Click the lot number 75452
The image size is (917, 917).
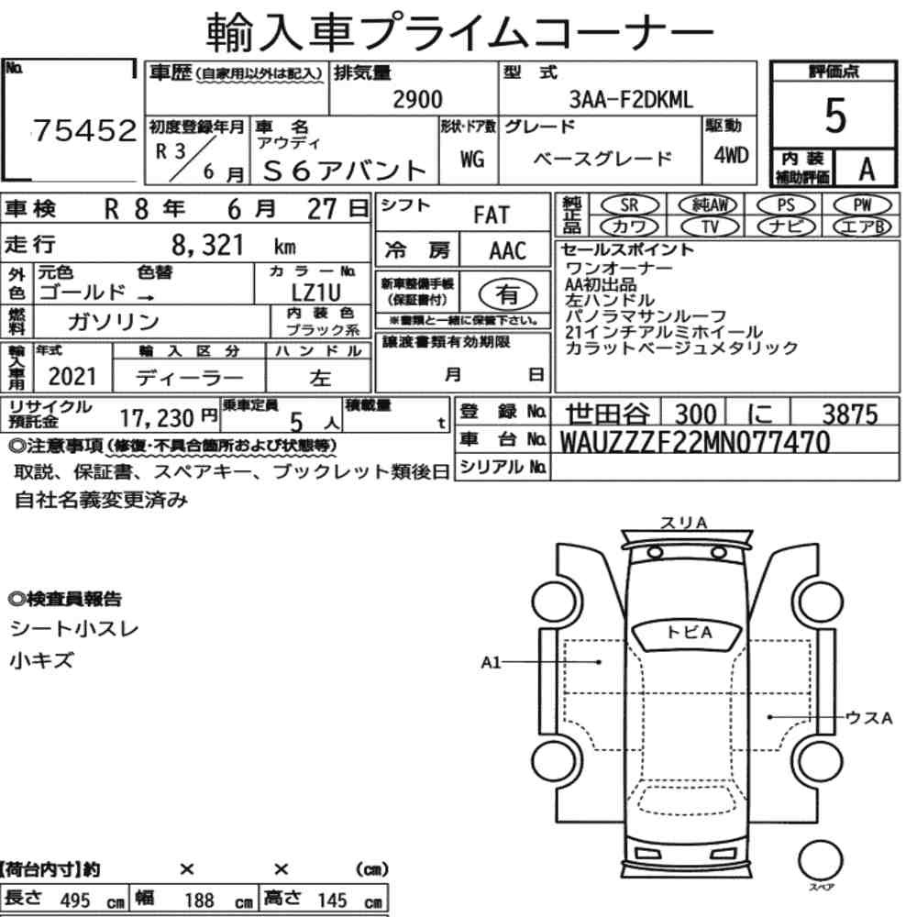click(x=84, y=131)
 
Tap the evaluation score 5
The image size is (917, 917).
click(x=835, y=116)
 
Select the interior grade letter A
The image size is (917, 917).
click(x=867, y=170)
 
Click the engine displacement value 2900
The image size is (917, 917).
click(x=417, y=100)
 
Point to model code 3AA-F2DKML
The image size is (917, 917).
click(x=631, y=100)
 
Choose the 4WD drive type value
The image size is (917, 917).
click(x=731, y=155)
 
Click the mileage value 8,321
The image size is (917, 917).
click(x=207, y=245)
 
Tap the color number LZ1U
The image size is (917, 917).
click(x=315, y=293)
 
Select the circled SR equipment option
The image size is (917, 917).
click(x=629, y=205)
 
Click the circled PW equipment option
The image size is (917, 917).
click(x=863, y=205)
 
